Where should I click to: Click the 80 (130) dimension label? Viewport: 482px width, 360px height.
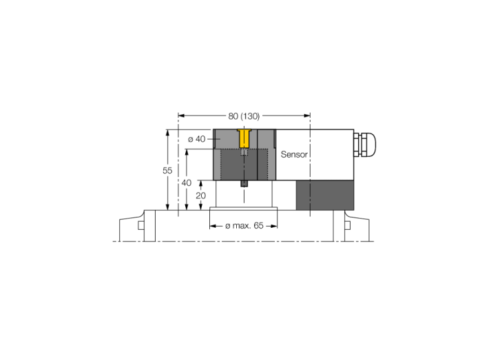coord(244,116)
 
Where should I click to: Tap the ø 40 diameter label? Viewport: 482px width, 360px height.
coord(196,139)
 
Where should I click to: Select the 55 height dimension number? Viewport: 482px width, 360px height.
coord(167,171)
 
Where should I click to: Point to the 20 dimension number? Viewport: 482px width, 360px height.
coord(201,195)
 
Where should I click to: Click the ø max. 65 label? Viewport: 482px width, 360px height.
coord(244,226)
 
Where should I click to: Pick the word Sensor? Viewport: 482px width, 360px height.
coord(294,154)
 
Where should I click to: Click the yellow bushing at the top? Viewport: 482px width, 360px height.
coord(244,138)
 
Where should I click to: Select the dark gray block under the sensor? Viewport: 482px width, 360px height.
coord(325,195)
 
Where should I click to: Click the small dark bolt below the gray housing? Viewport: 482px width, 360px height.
coord(244,183)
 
